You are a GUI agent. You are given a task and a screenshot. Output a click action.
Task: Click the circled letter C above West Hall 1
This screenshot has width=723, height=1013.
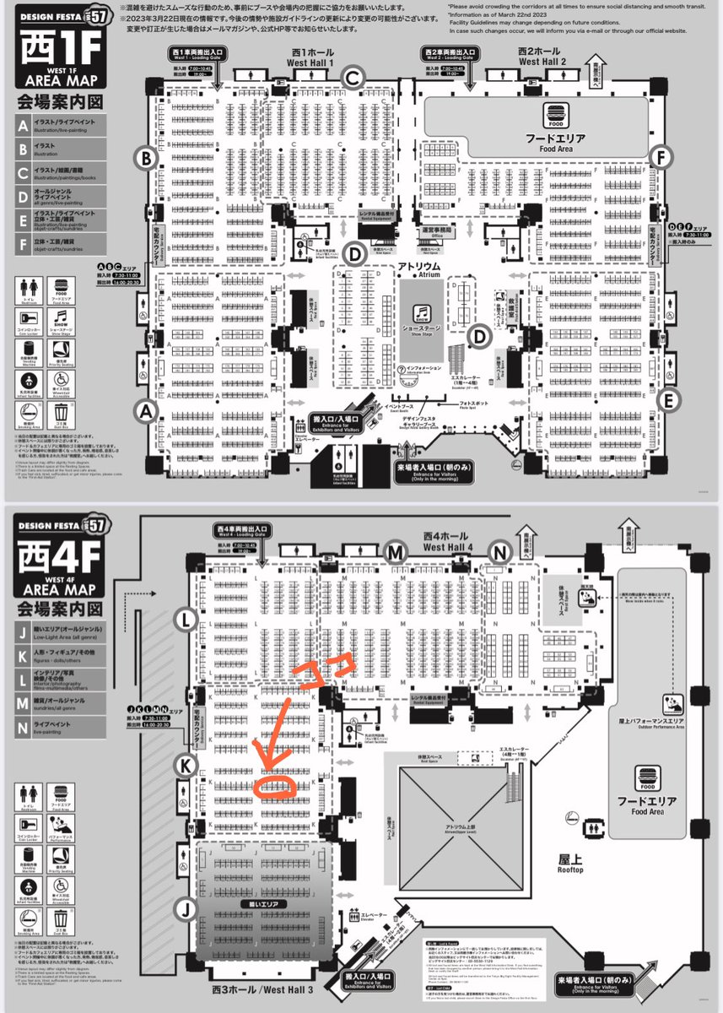[x=353, y=78]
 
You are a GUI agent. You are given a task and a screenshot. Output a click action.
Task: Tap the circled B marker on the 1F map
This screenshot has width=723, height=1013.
[x=147, y=157]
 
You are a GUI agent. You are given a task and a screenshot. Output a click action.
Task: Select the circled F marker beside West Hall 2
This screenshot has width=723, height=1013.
[x=662, y=157]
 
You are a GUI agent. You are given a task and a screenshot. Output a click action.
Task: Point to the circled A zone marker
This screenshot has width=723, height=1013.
[x=147, y=411]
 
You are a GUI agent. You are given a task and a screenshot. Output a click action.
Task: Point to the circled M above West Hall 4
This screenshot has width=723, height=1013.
[x=394, y=552]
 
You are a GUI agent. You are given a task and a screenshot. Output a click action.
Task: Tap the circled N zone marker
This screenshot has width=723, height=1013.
[x=501, y=552]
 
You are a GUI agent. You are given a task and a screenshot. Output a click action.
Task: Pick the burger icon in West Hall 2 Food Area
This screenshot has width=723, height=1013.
[x=554, y=113]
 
